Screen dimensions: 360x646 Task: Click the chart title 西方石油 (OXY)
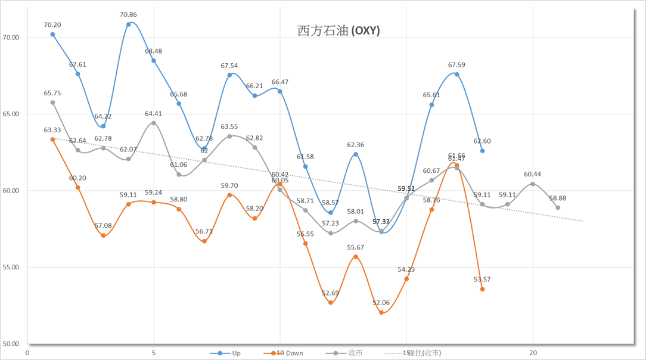pyautogui.click(x=338, y=31)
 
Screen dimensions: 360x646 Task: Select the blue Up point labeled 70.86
pyautogui.click(x=129, y=24)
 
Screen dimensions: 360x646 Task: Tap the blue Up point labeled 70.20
pyautogui.click(x=52, y=35)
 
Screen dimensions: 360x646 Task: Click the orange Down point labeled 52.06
pyautogui.click(x=381, y=312)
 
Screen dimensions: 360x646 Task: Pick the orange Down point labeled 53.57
pyautogui.click(x=482, y=289)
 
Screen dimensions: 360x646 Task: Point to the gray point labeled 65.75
pyautogui.click(x=52, y=103)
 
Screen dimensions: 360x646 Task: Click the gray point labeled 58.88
pyautogui.click(x=558, y=207)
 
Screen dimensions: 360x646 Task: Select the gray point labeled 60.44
pyautogui.click(x=533, y=184)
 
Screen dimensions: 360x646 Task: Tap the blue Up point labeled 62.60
pyautogui.click(x=482, y=151)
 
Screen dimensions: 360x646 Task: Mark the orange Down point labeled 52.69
pyautogui.click(x=331, y=303)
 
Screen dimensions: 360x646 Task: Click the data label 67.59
pyautogui.click(x=457, y=65)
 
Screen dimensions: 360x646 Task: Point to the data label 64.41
pyautogui.click(x=154, y=114)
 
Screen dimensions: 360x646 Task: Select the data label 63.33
pyautogui.click(x=52, y=130)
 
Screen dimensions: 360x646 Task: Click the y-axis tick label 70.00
pyautogui.click(x=11, y=38)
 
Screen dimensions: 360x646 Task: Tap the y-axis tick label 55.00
pyautogui.click(x=11, y=267)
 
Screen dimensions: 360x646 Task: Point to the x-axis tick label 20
pyautogui.click(x=533, y=353)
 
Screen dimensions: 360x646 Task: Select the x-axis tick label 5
pyautogui.click(x=154, y=353)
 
